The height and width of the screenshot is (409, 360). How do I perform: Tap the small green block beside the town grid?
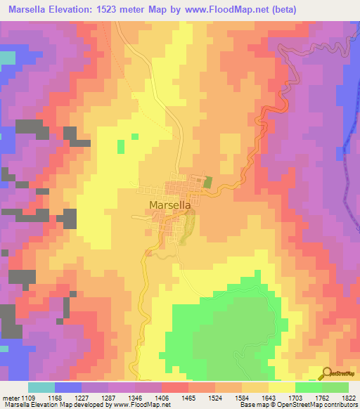coord(207,181)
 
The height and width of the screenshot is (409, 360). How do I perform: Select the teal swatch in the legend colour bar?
coord(41,387)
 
